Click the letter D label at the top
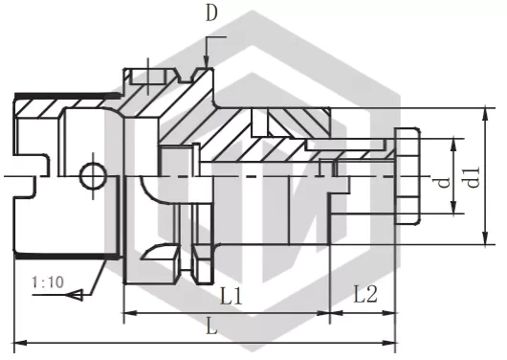[211, 14]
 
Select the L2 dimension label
[365, 294]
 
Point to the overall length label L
[211, 327]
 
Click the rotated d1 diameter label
[474, 178]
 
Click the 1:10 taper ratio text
[48, 282]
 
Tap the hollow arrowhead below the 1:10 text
[75, 295]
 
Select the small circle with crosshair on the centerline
[94, 176]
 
